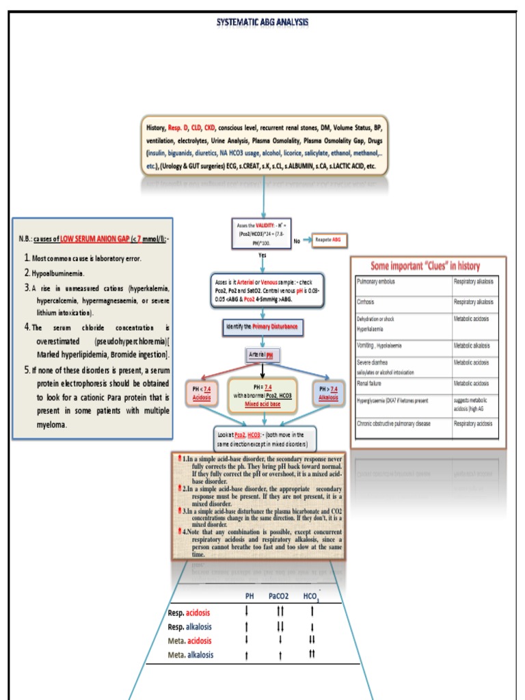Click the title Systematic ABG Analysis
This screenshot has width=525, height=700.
point(262,22)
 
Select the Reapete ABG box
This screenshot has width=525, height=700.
point(331,241)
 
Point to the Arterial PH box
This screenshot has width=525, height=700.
point(263,355)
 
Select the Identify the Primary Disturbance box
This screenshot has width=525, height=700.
point(262,327)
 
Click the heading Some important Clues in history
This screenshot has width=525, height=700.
point(425,266)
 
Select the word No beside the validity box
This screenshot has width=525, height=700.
point(297,241)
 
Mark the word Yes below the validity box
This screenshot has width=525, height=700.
point(262,255)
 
